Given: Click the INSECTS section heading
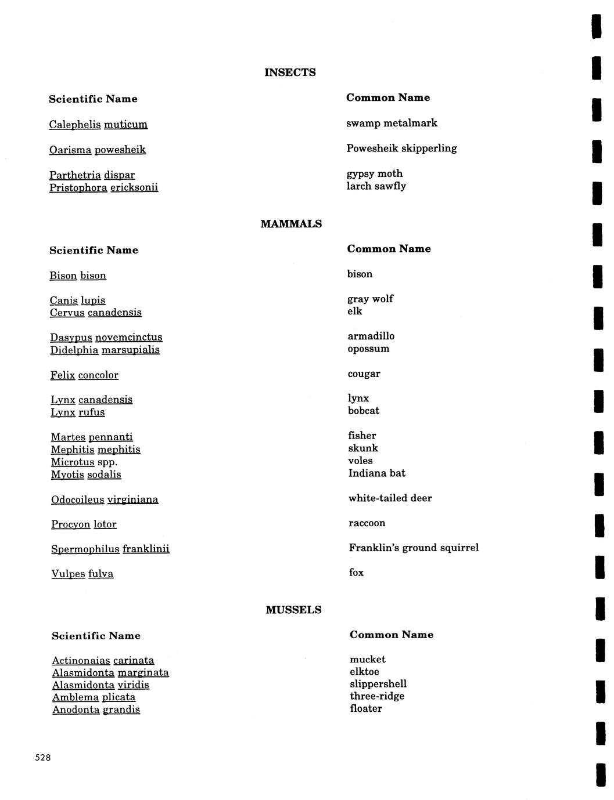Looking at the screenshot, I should (x=290, y=73).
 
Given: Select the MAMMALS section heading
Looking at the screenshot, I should (x=291, y=224).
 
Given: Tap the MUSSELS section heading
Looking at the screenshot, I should (x=293, y=610).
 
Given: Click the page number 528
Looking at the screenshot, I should (x=43, y=758).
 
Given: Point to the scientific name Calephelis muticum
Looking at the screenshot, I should (x=98, y=125).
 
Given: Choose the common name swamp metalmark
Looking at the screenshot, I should (x=392, y=123).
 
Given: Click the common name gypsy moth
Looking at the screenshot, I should (x=374, y=173).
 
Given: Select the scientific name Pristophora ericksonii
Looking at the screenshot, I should (x=103, y=187).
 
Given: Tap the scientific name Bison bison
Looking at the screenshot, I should (x=78, y=276).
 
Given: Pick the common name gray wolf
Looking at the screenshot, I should (x=370, y=299).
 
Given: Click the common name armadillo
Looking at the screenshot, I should (x=371, y=336).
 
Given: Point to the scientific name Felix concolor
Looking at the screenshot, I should (x=84, y=375).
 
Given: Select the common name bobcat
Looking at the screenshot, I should (x=364, y=411).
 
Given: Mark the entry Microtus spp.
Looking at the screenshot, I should (x=84, y=462).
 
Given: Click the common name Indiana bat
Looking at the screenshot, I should (x=376, y=473).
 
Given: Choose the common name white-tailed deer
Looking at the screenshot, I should (x=390, y=498).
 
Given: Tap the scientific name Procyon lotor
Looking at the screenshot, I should (x=84, y=524).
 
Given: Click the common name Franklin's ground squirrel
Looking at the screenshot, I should (x=414, y=548).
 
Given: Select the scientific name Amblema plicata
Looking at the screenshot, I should (x=94, y=697).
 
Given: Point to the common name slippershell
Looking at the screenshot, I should (x=378, y=684).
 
